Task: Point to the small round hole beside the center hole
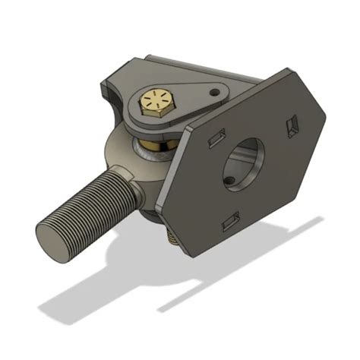coord(229,181)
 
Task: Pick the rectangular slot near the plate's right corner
coord(294,125)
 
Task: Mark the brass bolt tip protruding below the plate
coord(174,239)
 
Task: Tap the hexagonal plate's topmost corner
coord(286,70)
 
